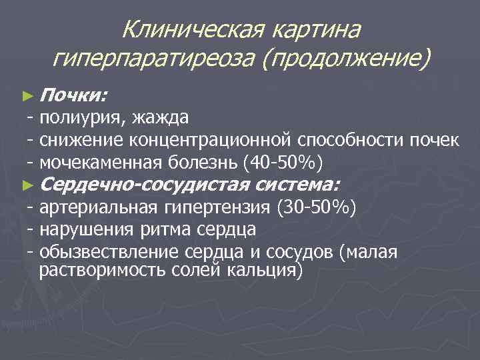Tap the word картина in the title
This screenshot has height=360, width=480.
coord(313,29)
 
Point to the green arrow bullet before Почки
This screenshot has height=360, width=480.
coord(27,97)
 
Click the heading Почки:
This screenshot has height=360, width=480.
coord(72,96)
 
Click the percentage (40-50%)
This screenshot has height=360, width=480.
coord(287,162)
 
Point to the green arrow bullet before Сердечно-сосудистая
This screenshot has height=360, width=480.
coord(27,184)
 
